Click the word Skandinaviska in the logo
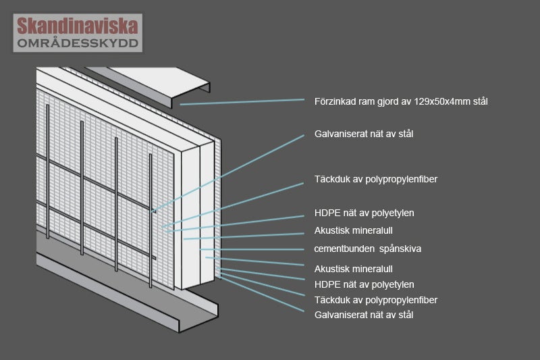click(78, 26)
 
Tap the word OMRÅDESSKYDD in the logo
click(78, 43)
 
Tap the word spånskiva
click(401, 249)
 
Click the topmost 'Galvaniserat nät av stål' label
click(364, 134)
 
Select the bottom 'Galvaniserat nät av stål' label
click(364, 315)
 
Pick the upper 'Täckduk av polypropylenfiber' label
click(376, 179)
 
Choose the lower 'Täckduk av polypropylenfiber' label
click(376, 300)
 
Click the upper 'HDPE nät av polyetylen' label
click(364, 213)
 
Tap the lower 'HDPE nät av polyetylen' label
click(364, 284)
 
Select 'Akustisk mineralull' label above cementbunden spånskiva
click(354, 230)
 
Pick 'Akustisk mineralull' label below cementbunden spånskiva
click(354, 269)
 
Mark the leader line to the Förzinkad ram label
click(243, 102)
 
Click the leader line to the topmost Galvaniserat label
click(230, 173)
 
